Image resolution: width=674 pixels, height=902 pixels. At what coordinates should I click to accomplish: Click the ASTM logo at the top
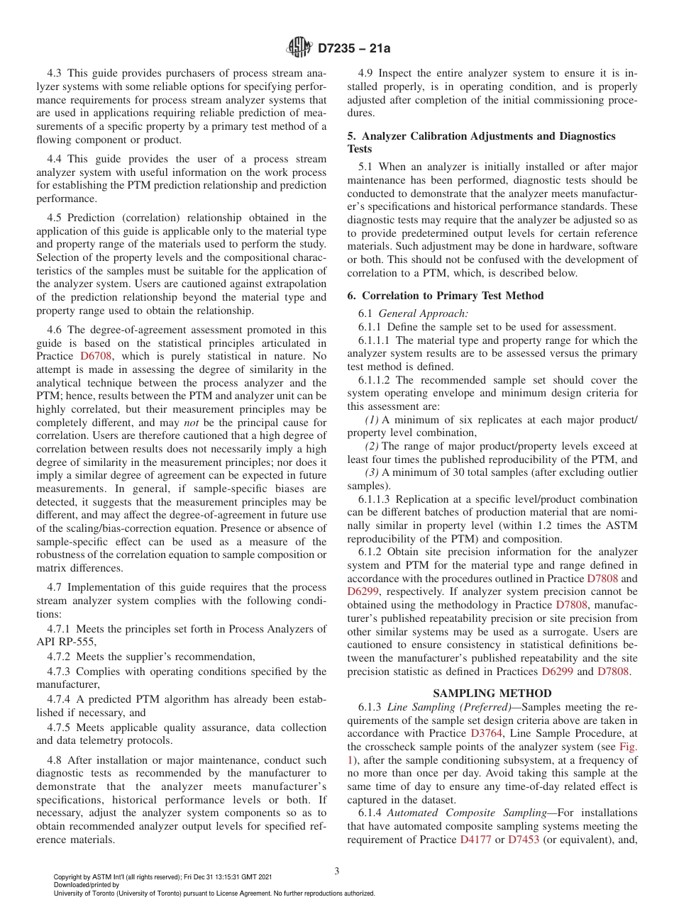tap(299, 48)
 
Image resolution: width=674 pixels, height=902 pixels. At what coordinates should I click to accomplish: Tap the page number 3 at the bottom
tap(337, 871)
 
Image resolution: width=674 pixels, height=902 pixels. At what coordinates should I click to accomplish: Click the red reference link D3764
tap(485, 733)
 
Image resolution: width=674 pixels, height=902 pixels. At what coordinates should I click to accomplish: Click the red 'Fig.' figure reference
tap(627, 746)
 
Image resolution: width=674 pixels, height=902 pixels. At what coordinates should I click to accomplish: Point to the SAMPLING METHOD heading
tap(492, 694)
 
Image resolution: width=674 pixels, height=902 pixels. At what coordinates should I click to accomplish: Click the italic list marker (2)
tap(371, 446)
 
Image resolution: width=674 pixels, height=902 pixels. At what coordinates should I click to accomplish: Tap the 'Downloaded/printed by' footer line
tap(87, 885)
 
